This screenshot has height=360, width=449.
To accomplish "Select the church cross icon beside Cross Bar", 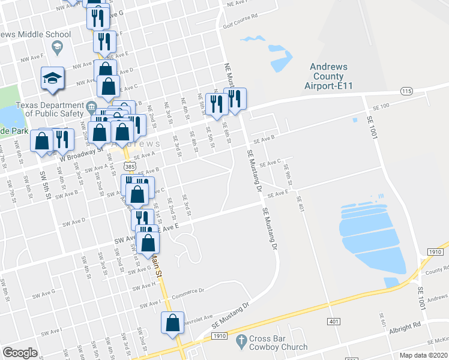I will (241, 342).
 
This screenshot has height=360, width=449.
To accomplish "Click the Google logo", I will (19, 352).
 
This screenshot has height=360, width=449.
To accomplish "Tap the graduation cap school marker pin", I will (52, 78).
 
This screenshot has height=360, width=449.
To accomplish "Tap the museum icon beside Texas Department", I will (91, 107).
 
